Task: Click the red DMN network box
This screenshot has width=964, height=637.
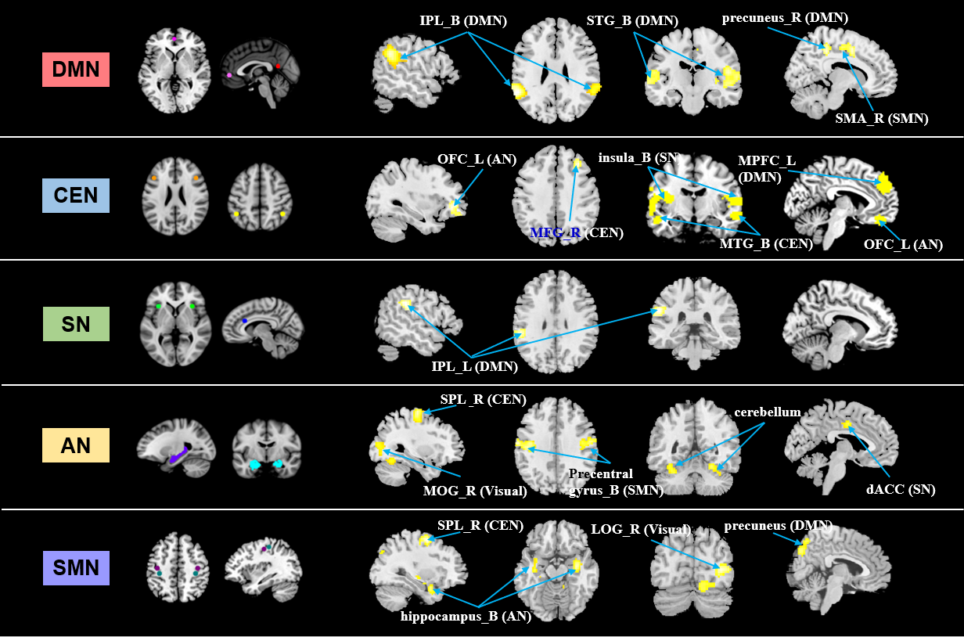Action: (x=76, y=70)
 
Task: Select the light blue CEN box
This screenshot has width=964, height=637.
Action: (x=76, y=195)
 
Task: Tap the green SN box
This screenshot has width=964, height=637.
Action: (x=76, y=323)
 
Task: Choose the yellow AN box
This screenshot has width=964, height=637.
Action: (x=76, y=445)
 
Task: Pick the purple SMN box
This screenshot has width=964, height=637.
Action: (x=76, y=568)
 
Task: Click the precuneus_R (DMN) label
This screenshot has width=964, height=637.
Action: (x=797, y=17)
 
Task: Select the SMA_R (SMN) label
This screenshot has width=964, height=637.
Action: (x=879, y=119)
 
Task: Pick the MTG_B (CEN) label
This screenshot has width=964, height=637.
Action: (x=766, y=244)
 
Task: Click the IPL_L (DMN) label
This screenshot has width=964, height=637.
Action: (x=475, y=365)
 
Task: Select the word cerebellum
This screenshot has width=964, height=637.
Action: (x=767, y=412)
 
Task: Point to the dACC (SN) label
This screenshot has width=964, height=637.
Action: (x=900, y=490)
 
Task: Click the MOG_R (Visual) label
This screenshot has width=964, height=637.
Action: (x=475, y=491)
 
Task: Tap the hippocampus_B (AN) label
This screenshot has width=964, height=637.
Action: (x=466, y=616)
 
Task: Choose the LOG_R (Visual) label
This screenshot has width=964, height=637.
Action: (x=640, y=530)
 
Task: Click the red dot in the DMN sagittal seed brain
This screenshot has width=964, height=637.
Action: (x=278, y=67)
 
